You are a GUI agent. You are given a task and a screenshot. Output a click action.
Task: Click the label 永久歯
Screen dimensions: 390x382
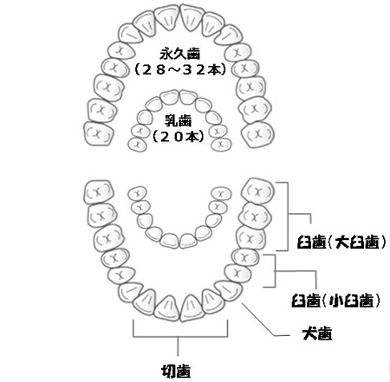point(180,55)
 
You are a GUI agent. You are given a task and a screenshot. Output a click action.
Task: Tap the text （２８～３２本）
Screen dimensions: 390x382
point(180,69)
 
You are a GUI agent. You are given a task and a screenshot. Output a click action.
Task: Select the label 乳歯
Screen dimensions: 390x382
point(178,120)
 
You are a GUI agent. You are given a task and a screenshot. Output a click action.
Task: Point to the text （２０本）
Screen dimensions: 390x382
point(178,136)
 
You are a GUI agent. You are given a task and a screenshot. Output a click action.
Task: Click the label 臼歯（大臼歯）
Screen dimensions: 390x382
point(341,242)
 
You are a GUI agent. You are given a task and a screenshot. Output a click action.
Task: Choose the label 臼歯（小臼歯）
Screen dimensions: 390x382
point(335,301)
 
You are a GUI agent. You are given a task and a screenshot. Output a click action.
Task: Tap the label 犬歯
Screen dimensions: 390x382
point(317,333)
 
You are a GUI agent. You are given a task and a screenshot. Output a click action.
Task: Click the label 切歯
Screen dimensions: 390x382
point(176,371)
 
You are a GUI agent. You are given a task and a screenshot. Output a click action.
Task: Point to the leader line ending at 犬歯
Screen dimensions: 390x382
point(265,320)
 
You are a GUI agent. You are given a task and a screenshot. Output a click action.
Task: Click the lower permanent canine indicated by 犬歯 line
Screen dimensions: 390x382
point(229,290)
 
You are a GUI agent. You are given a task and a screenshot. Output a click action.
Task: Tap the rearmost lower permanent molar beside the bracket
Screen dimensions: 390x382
point(257,191)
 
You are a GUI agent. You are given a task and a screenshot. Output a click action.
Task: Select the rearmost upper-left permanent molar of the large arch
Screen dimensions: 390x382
point(98,134)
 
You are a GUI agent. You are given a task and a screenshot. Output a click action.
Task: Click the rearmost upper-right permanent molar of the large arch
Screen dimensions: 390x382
point(257,134)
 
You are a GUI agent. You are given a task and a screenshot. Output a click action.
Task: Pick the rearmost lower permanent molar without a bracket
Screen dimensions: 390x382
point(99,192)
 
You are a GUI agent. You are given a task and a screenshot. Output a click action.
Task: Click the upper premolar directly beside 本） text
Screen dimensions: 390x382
point(245,68)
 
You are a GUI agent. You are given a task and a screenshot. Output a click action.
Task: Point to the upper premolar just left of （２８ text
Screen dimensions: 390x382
point(115,68)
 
